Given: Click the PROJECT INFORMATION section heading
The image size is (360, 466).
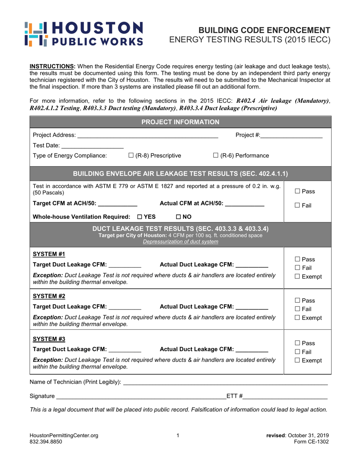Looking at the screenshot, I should pos(180,122).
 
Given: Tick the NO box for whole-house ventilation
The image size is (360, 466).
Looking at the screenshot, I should pos(178,217).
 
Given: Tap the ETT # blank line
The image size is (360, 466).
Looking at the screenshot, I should pos(285,396).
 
